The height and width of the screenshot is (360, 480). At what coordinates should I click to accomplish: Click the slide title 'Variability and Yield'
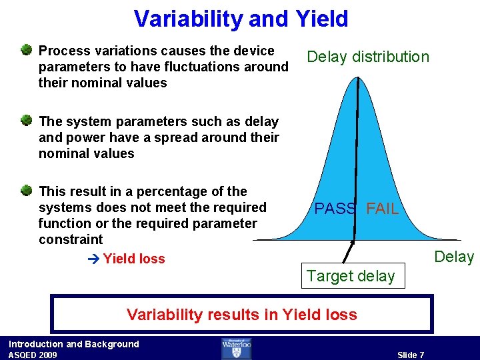tap(241, 19)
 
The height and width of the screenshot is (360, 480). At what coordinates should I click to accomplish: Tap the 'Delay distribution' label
tap(367, 57)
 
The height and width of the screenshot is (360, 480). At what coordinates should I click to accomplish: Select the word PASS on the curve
tap(335, 209)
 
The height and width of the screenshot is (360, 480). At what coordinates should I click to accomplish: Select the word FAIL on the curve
tap(383, 209)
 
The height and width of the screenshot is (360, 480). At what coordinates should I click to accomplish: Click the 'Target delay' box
tap(351, 276)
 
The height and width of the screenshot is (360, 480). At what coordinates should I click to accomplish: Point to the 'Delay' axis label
tap(453, 257)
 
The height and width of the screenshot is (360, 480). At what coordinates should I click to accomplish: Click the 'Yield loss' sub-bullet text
tap(134, 259)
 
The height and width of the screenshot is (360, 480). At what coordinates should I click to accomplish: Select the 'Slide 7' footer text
tap(411, 355)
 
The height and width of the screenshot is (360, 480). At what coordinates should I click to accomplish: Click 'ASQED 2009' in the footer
tap(33, 355)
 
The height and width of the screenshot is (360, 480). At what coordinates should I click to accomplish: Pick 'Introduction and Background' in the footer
tap(73, 344)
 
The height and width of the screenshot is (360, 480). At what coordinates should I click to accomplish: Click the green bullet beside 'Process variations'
tap(25, 50)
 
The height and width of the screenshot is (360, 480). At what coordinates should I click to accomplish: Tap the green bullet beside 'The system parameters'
tap(25, 121)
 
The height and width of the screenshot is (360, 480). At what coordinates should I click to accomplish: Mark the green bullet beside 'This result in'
tap(25, 191)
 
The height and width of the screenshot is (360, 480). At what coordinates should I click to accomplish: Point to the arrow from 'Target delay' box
tap(347, 253)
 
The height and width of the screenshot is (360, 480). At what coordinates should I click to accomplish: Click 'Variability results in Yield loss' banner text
tap(242, 315)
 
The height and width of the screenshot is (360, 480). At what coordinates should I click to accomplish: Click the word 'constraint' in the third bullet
tap(71, 239)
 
